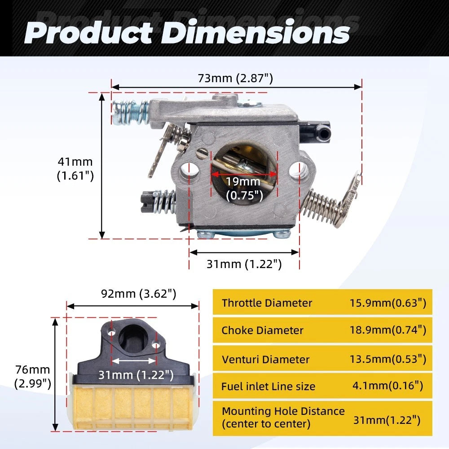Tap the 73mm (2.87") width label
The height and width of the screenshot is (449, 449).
point(235,78)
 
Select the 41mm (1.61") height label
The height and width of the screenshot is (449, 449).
point(75,169)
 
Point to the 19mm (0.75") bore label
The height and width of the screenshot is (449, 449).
point(244,189)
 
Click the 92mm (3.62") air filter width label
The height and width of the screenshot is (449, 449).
point(139,294)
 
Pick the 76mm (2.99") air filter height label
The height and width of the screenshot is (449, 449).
point(33,377)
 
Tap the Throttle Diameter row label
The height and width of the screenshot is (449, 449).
point(267,303)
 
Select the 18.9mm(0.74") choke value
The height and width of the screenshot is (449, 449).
point(388,330)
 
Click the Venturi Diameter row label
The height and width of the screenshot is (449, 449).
point(265,359)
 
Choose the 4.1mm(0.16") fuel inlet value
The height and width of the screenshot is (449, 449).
point(387,385)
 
